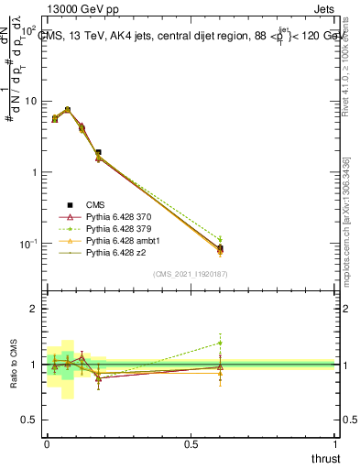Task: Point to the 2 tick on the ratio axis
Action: tap(32, 309)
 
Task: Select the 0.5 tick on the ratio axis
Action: tap(28, 420)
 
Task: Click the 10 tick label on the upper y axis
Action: tap(28, 101)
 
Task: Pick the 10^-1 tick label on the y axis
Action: tap(27, 244)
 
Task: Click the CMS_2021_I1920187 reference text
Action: tap(190, 273)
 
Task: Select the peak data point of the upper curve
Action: tap(67, 109)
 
